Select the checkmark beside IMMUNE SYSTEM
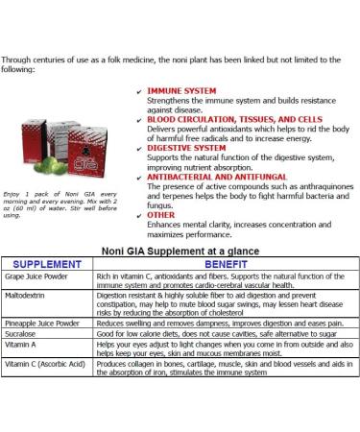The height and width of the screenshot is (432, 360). tap(139, 88)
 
